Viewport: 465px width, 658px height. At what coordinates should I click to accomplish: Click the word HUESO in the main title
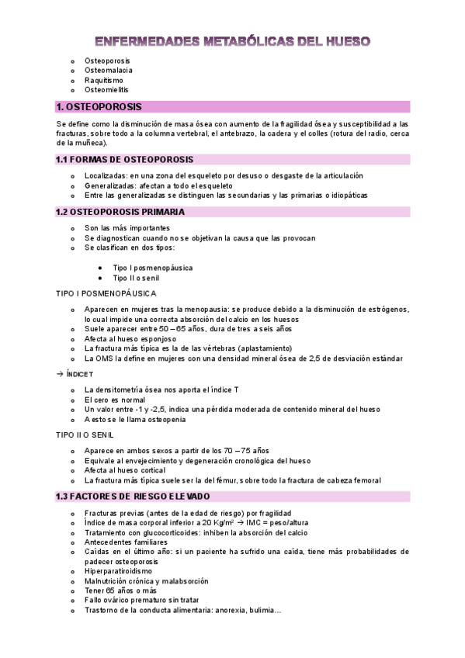(341, 41)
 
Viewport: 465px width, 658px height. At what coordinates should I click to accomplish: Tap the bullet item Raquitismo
(104, 80)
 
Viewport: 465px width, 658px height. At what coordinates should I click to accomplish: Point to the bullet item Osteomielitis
(106, 90)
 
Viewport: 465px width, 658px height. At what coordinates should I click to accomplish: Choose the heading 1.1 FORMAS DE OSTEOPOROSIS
(124, 159)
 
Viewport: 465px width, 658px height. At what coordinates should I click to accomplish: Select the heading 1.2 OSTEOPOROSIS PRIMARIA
(120, 211)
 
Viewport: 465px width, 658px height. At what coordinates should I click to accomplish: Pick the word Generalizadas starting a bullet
(110, 186)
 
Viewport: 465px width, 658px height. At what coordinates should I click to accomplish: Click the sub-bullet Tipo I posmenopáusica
(153, 268)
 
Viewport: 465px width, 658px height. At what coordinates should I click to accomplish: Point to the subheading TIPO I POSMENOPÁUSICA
(106, 293)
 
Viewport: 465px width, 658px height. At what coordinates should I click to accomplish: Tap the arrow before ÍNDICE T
(61, 374)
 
